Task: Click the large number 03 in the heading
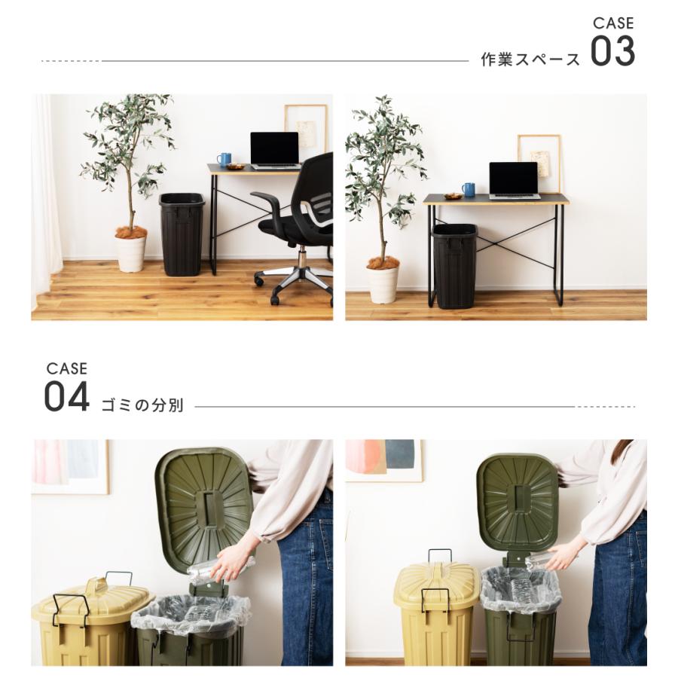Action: click(x=612, y=52)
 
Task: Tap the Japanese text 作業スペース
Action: click(x=530, y=60)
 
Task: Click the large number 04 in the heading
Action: click(x=66, y=397)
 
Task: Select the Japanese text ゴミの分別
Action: click(x=142, y=406)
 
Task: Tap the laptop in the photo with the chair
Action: click(x=274, y=150)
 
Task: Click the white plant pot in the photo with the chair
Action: click(x=130, y=253)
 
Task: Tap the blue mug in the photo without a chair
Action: click(x=469, y=190)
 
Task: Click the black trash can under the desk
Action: click(x=454, y=264)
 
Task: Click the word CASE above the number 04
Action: click(x=66, y=368)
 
